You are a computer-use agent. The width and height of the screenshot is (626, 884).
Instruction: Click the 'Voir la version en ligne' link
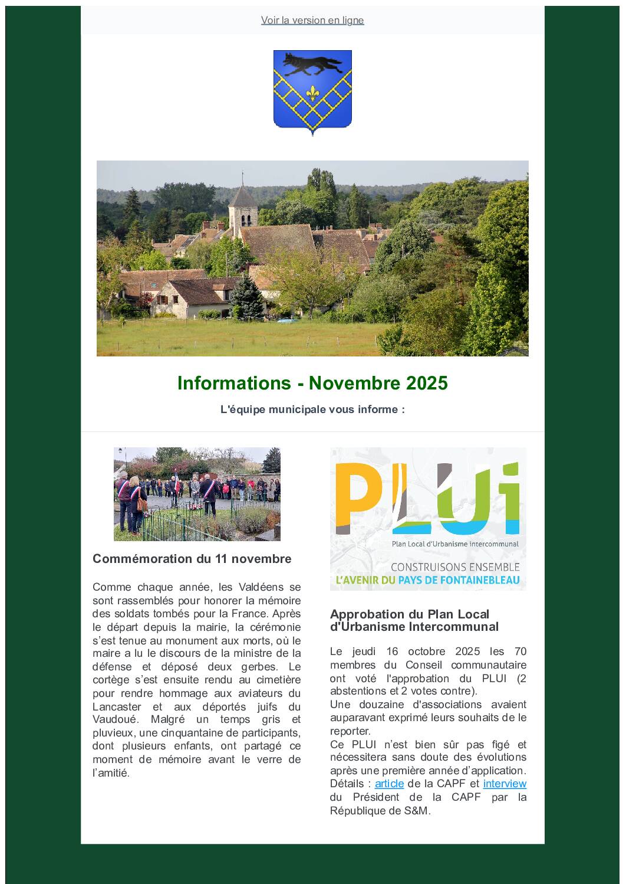point(312,20)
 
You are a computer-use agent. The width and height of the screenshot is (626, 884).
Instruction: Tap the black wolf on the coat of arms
point(312,63)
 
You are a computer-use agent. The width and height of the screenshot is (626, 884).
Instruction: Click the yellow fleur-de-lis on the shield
point(312,93)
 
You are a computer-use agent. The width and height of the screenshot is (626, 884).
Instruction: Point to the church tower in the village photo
point(242,207)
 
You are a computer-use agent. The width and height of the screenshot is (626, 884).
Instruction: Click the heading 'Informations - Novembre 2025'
point(312,383)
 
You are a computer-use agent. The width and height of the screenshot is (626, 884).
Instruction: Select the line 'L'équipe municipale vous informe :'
point(312,410)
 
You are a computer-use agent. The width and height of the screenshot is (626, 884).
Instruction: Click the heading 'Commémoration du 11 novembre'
point(192,559)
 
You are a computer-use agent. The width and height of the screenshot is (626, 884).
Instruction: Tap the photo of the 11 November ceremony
point(197,494)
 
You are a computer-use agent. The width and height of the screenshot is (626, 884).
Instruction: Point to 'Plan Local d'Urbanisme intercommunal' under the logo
point(455,544)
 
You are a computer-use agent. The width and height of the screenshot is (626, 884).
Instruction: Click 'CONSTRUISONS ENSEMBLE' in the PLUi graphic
point(455,567)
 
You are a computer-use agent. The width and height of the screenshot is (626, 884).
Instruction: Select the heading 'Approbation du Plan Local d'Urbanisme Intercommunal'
point(414,620)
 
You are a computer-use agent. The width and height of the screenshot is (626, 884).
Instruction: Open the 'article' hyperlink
point(389,784)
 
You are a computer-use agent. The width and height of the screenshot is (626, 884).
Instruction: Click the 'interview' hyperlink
point(505,784)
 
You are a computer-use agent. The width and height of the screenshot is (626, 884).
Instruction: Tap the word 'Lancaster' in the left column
point(117,707)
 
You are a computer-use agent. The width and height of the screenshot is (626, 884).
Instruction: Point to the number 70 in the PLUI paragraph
point(520,651)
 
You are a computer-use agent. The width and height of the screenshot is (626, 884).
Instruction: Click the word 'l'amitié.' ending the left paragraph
point(111,773)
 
